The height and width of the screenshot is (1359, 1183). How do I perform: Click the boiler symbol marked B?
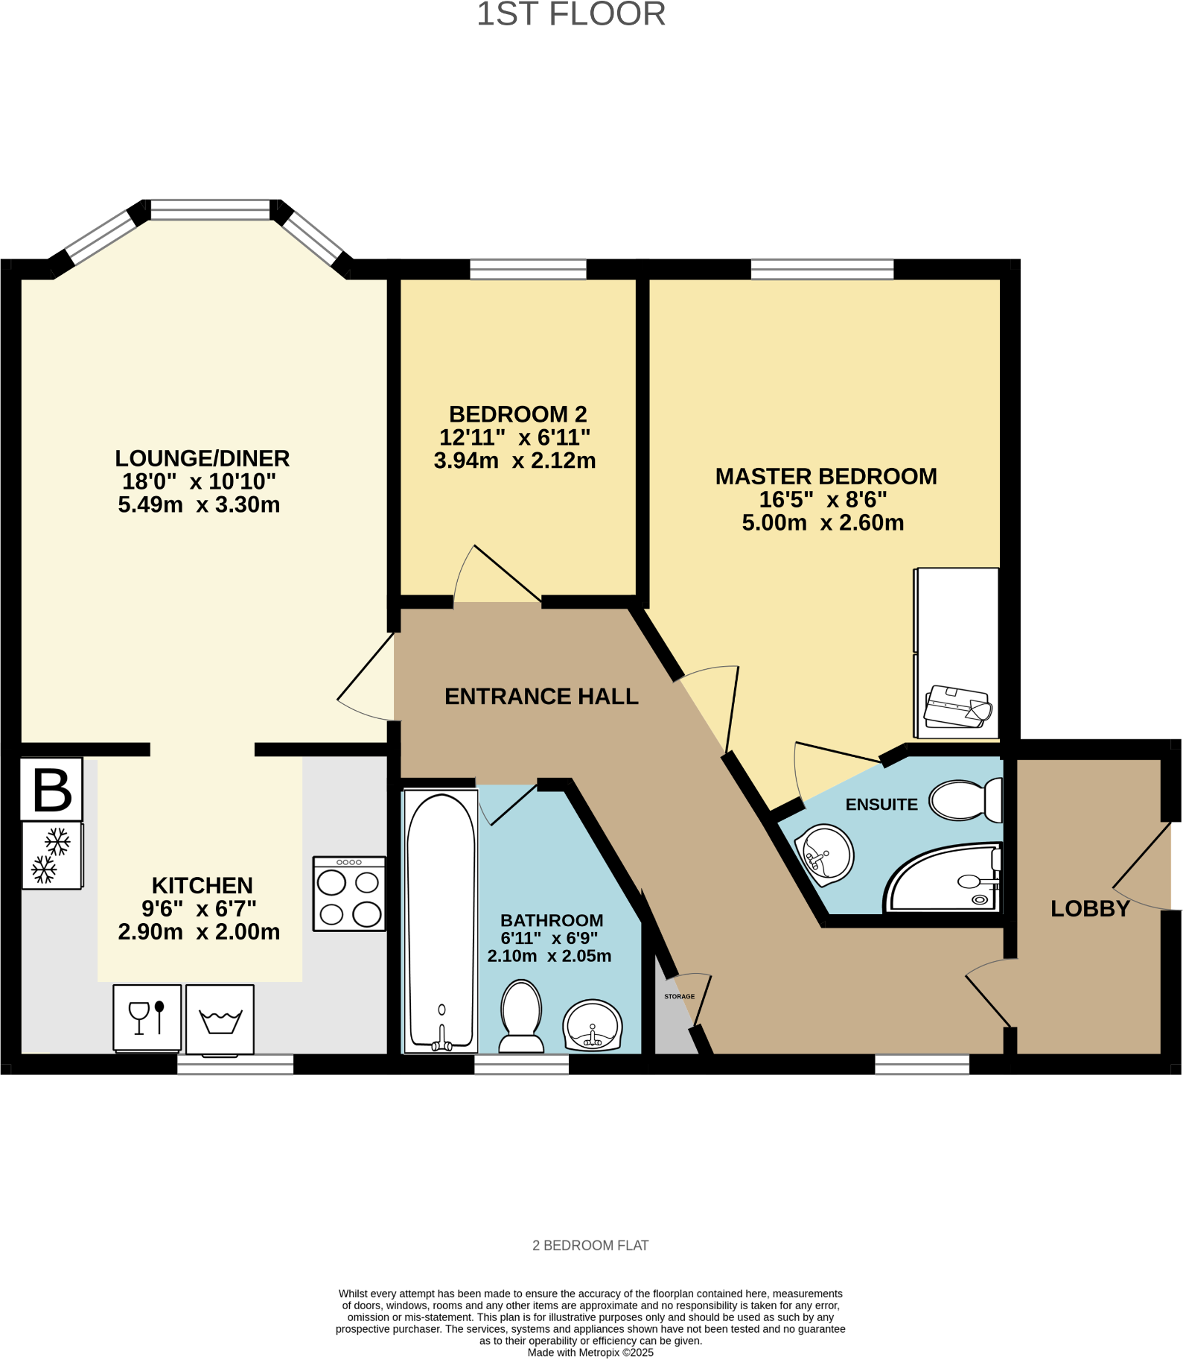51,790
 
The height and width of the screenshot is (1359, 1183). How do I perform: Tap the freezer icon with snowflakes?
51,855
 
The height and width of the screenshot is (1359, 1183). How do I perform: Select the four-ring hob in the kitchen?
349,894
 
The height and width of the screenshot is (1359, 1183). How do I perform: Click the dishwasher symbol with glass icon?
147,1018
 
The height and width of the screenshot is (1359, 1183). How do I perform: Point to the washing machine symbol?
220,1019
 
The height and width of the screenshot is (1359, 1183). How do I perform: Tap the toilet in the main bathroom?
521,1015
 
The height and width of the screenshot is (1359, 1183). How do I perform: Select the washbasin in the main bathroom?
593,1025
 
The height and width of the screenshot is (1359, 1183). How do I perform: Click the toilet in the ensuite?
966,800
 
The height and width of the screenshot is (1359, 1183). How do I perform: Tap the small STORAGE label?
679,996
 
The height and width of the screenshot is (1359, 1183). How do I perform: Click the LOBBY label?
1090,909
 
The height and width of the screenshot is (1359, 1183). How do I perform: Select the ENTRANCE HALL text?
541,697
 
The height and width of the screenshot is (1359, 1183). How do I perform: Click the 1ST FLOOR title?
571,15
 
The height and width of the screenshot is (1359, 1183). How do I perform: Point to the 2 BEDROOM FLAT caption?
590,1246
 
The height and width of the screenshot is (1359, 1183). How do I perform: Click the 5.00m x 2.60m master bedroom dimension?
823,523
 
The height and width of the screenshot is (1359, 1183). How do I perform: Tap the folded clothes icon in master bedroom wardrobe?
957,706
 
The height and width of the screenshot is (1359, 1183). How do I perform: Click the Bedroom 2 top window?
528,269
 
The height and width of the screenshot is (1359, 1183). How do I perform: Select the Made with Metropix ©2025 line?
590,1352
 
